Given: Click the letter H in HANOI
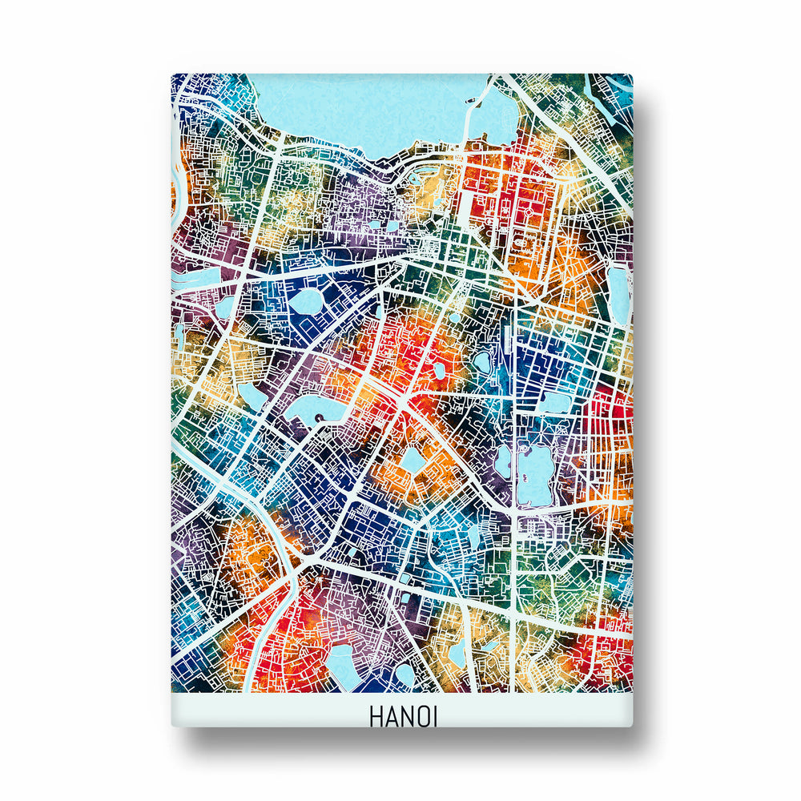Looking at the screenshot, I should pyautogui.click(x=377, y=715).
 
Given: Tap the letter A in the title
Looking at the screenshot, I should pyautogui.click(x=392, y=716).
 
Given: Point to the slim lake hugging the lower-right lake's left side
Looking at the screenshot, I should pyautogui.click(x=503, y=461).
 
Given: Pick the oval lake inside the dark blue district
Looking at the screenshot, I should pyautogui.click(x=305, y=302).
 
